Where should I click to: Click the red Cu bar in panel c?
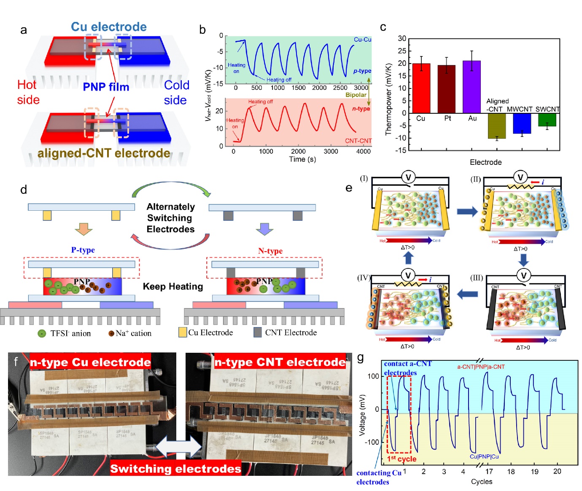point(421,88)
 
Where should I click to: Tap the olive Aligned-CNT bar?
point(496,125)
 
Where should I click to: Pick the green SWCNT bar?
point(547,120)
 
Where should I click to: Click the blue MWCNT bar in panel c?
point(522,123)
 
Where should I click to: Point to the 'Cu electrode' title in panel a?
point(109,27)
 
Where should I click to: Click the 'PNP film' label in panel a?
point(106,87)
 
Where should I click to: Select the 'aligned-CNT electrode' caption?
point(104,153)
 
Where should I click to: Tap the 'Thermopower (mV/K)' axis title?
point(388,99)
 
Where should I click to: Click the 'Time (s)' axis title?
point(302,159)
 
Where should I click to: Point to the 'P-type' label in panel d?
point(83,250)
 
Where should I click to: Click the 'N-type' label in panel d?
point(270,251)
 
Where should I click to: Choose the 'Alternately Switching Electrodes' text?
point(170,218)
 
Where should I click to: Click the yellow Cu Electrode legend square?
point(183,333)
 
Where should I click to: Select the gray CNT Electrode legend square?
point(258,333)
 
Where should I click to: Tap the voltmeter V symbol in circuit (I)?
point(408,177)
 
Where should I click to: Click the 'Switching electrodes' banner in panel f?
point(175,469)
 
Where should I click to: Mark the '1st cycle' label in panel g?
point(401,459)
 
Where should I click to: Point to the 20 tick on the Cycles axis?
point(557,472)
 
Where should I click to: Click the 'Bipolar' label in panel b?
point(356,95)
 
